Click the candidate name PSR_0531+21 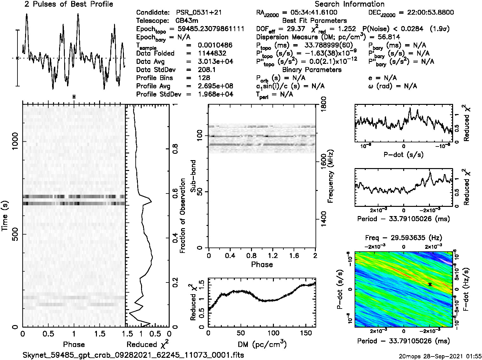[x=199, y=13]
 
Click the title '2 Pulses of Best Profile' [x=69, y=4]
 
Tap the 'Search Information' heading [x=350, y=4]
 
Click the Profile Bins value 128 [x=204, y=78]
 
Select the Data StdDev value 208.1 [x=207, y=70]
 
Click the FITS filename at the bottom [x=133, y=355]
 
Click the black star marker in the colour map [x=430, y=284]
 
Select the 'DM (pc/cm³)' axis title [x=262, y=344]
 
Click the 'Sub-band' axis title [x=193, y=176]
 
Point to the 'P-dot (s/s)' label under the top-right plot [x=404, y=155]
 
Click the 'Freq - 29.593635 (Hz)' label [x=404, y=238]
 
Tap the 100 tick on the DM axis [x=273, y=333]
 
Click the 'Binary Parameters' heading [x=312, y=70]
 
